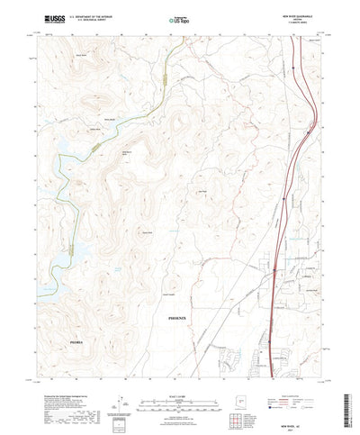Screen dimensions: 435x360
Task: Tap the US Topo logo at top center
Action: click(x=180, y=18)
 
